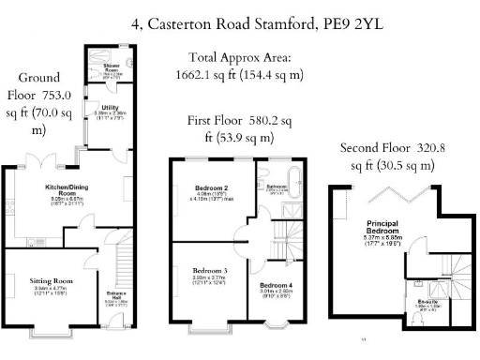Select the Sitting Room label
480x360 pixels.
point(51,281)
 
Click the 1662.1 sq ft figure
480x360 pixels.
point(204,74)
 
